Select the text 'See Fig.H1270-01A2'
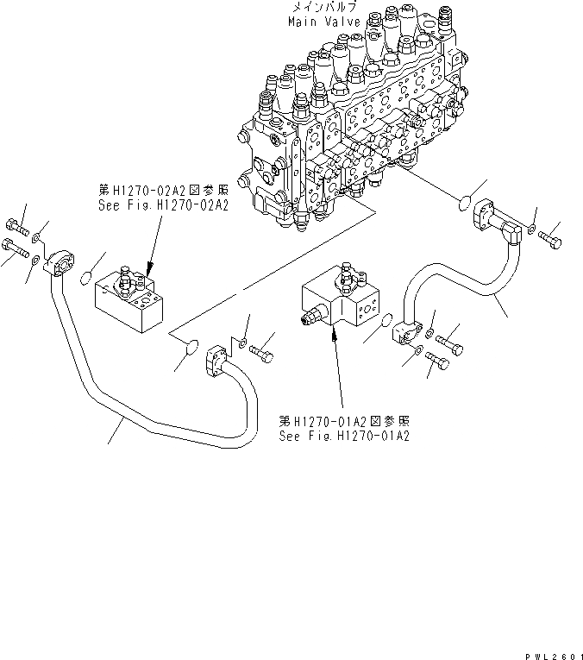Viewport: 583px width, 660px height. coord(343,436)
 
